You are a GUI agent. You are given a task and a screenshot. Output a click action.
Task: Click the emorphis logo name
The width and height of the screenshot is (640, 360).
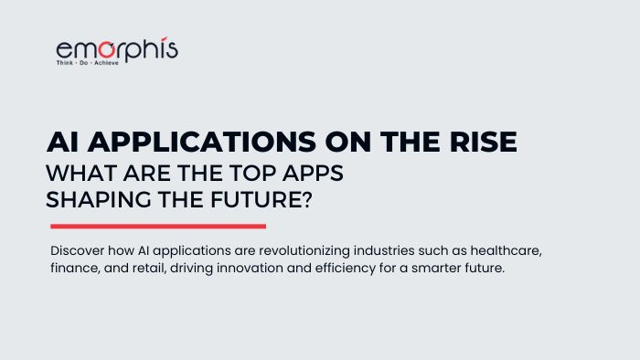pyautogui.click(x=116, y=50)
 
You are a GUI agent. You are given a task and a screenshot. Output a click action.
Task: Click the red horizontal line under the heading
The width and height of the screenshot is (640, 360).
pyautogui.click(x=157, y=226)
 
